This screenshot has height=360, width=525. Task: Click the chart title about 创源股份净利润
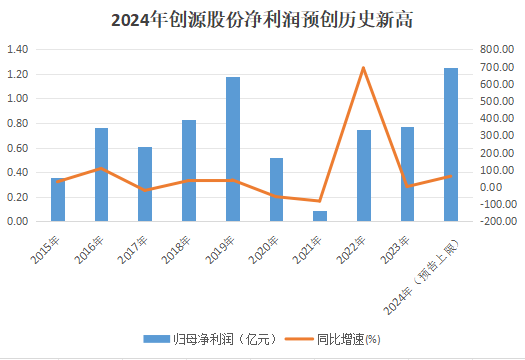point(262,19)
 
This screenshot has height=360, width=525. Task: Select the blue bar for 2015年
point(58,199)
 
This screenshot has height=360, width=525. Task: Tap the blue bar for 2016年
point(101,174)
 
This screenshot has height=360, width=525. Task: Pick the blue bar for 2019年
point(232,149)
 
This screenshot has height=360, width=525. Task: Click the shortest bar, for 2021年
point(319,215)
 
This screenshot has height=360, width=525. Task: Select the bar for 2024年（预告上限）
point(451,144)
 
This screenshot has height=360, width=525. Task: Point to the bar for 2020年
point(276,189)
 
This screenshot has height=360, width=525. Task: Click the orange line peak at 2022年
point(363,68)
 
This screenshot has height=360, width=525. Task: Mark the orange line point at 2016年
point(101,168)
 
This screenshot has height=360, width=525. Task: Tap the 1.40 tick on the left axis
point(20,49)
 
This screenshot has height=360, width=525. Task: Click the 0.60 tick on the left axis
point(20,147)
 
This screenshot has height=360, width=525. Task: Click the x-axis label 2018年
point(180,248)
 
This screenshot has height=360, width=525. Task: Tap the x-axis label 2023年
point(398,248)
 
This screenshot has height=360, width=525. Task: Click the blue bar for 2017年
point(145,184)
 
